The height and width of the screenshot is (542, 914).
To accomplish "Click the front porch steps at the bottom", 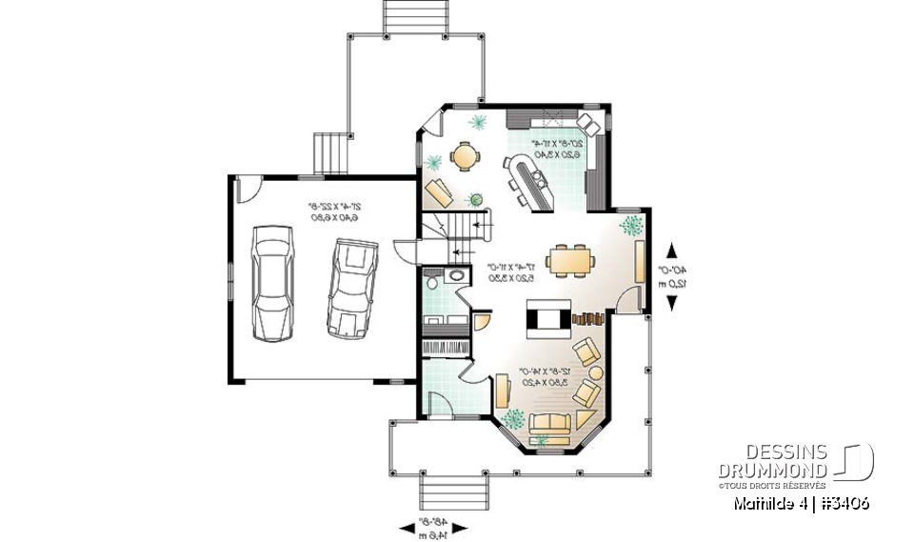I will (x=453, y=493).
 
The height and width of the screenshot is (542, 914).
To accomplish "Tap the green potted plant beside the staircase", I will (x=475, y=199).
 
